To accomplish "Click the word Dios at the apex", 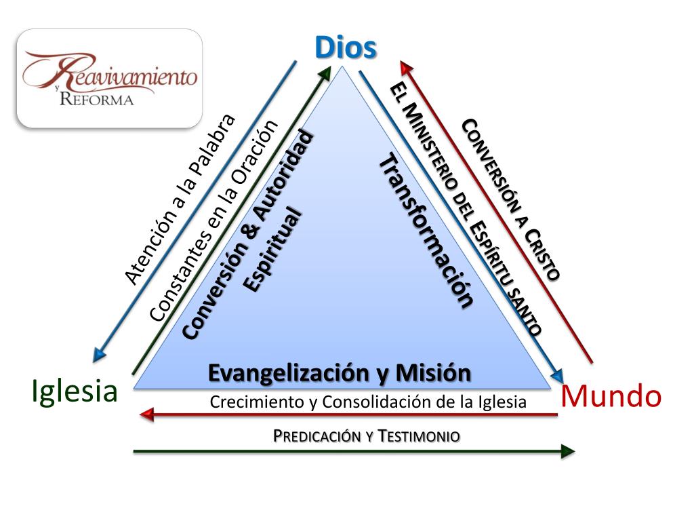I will [346, 47].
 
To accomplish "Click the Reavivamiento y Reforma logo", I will [110, 78].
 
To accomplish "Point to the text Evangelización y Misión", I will [339, 372].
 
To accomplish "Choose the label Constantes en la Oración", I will [213, 220].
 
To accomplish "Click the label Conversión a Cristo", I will [511, 199].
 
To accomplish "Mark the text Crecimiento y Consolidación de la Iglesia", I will [368, 402].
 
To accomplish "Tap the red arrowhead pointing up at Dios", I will [406, 66].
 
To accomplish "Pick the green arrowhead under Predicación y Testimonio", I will [568, 451].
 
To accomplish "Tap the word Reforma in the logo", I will [96, 99].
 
